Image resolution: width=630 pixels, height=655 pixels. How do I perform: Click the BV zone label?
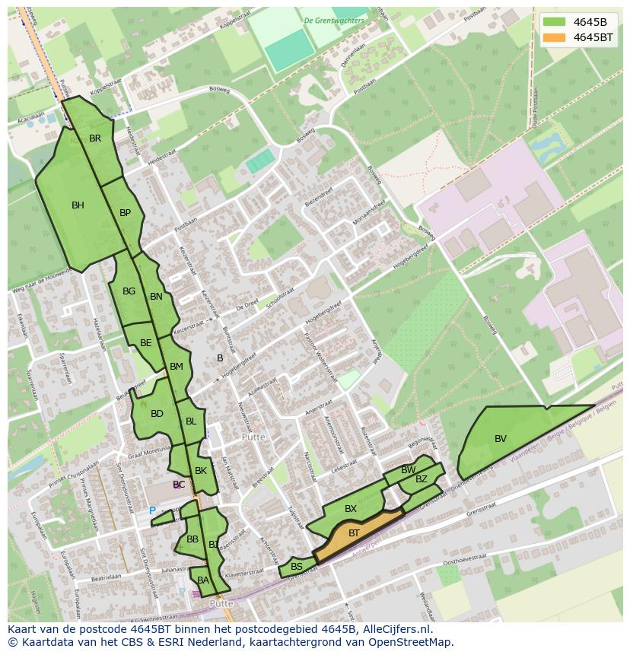pyautogui.click(x=500, y=439)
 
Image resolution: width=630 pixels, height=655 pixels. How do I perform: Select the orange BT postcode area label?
pyautogui.click(x=354, y=534)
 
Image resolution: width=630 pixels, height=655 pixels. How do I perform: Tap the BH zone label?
pyautogui.click(x=78, y=205)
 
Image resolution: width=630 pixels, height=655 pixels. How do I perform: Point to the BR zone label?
pyautogui.click(x=95, y=138)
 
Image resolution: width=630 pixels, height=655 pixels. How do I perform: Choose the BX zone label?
pyautogui.click(x=351, y=509)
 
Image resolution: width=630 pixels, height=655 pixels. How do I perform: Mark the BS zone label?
pyautogui.click(x=297, y=567)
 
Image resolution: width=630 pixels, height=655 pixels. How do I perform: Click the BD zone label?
pyautogui.click(x=157, y=414)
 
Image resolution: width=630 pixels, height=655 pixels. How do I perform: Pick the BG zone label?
pyautogui.click(x=129, y=291)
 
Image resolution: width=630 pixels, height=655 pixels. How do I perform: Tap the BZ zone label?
pyautogui.click(x=422, y=479)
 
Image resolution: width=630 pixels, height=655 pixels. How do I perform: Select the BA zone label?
pyautogui.click(x=202, y=580)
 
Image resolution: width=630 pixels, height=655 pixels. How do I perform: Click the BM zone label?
pyautogui.click(x=177, y=367)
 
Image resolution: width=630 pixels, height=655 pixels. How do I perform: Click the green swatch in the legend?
pyautogui.click(x=555, y=21)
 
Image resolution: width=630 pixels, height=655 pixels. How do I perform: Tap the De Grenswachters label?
pyautogui.click(x=333, y=21)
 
